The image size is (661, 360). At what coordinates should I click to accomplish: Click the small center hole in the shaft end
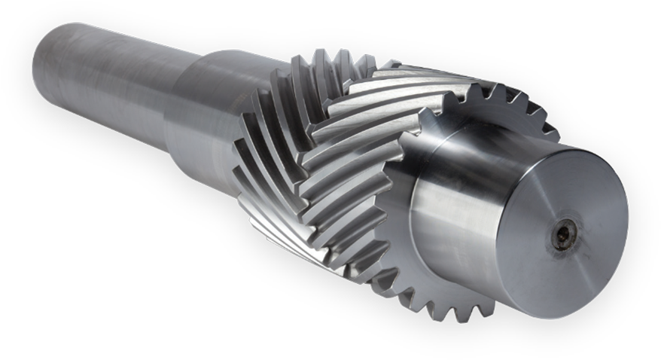[562, 236]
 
